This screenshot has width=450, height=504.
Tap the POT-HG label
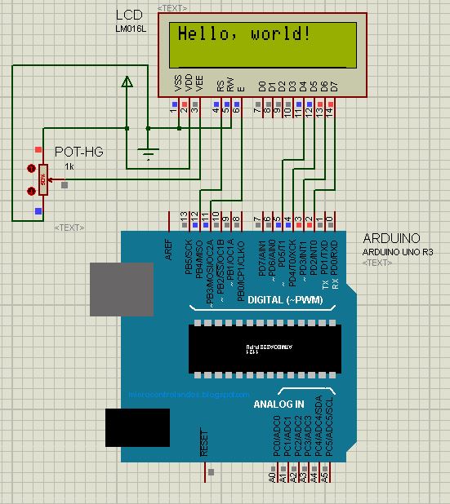coord(78,152)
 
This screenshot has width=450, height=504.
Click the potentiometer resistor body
coord(43,179)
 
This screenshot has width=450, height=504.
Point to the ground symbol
coord(148,152)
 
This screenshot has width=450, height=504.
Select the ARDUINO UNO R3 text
coord(398,252)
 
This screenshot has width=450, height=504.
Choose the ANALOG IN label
coord(278,404)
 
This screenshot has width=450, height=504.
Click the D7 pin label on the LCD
coord(334,85)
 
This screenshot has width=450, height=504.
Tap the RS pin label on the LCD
coord(221,84)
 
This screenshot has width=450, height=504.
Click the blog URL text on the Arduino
coord(189,394)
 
